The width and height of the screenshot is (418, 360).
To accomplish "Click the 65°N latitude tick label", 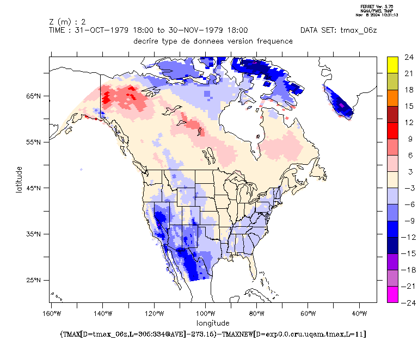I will (x=34, y=96).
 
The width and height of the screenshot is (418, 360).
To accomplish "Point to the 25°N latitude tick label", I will (x=34, y=280).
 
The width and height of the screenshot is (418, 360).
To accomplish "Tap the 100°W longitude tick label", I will (x=206, y=314).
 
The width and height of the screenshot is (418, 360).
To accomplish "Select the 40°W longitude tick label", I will (x=359, y=314).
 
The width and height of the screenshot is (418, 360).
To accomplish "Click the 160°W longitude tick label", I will (x=51, y=314).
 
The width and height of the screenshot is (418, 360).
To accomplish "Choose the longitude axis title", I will (x=213, y=322).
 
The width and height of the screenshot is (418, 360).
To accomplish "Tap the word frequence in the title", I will (x=273, y=41).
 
